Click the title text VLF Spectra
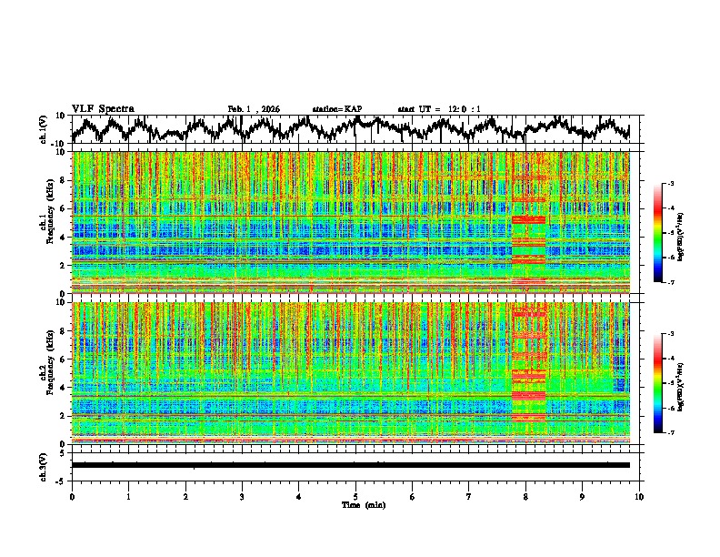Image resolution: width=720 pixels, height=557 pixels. [103, 108]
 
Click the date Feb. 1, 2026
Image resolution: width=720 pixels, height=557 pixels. [254, 109]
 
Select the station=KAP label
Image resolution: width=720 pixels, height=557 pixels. [336, 109]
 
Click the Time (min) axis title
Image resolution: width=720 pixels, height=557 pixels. [355, 504]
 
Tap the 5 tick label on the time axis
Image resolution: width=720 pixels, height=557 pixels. [355, 496]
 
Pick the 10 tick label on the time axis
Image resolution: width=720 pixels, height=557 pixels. [639, 496]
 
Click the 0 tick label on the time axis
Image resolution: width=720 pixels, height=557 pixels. [72, 496]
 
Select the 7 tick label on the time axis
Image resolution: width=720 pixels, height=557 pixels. [469, 496]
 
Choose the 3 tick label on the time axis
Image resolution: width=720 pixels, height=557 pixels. [242, 496]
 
